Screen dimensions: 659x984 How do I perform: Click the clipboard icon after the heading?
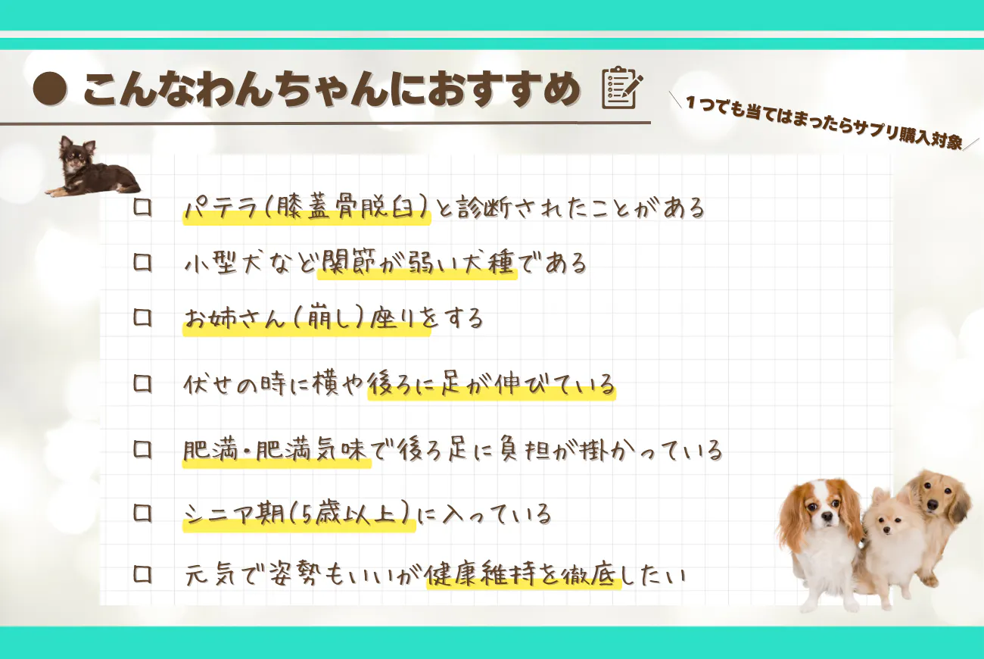pyautogui.click(x=621, y=88)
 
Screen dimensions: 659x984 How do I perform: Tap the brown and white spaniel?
pyautogui.click(x=821, y=534)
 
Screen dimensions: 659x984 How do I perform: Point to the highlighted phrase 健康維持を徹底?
pyautogui.click(x=522, y=576)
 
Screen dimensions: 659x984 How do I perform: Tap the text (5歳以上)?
pyautogui.click(x=364, y=514)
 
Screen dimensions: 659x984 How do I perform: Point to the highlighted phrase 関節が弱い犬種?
pyautogui.click(x=417, y=264)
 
